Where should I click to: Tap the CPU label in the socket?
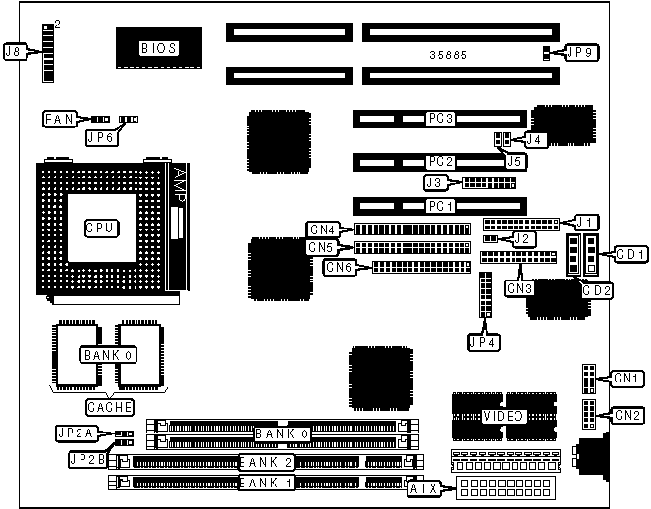click(101, 228)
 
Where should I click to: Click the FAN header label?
click(58, 119)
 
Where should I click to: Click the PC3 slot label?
click(439, 119)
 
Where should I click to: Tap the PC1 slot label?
click(439, 206)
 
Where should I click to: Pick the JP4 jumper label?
click(483, 343)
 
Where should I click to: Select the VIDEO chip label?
click(503, 416)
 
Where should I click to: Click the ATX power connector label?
click(422, 486)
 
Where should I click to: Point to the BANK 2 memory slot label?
click(267, 462)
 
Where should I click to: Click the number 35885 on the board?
click(448, 55)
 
